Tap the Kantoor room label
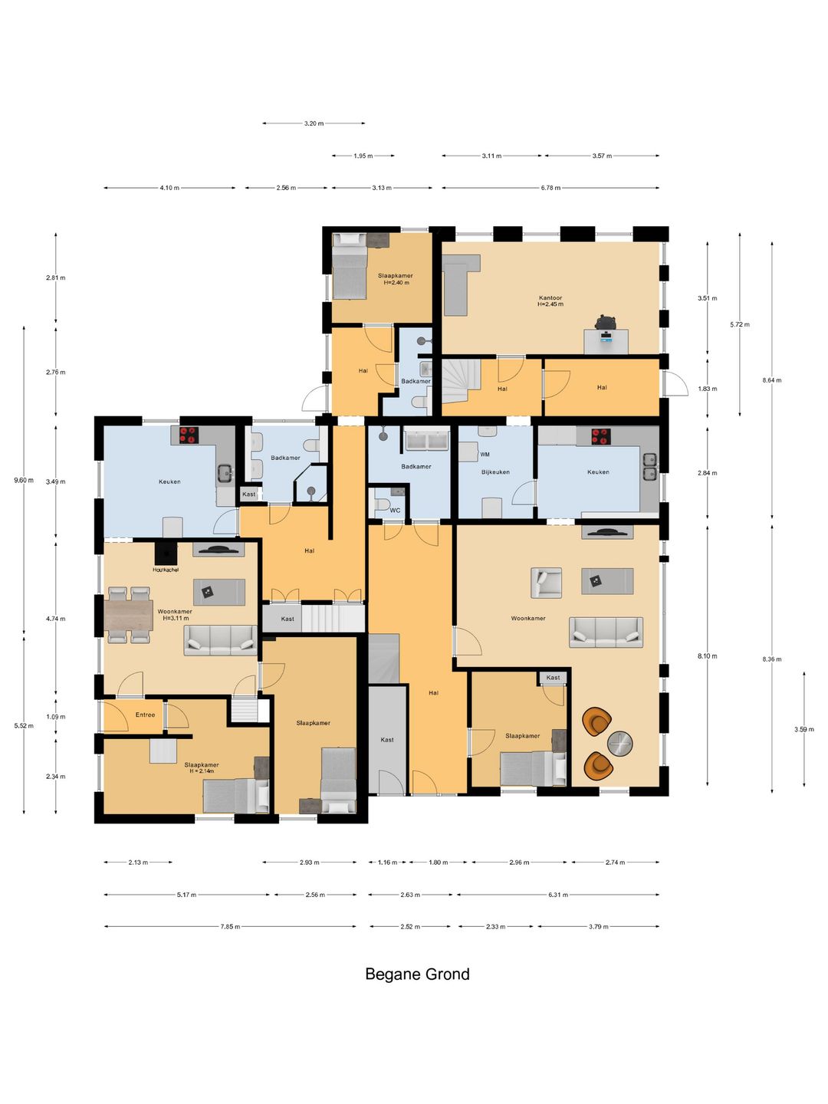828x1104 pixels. click(550, 297)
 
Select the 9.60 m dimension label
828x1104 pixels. click(24, 480)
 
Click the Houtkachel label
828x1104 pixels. click(166, 570)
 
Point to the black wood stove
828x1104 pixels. click(166, 554)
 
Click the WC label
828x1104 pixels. click(395, 511)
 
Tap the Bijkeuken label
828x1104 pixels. click(495, 472)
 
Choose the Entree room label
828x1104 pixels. click(146, 715)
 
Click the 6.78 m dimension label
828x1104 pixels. click(550, 188)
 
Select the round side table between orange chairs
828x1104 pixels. click(620, 743)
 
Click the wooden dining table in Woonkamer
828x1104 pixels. click(129, 615)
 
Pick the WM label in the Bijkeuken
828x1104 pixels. click(485, 454)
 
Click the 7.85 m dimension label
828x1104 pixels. click(230, 926)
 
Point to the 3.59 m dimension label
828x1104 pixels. click(804, 729)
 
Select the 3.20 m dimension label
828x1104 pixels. click(314, 123)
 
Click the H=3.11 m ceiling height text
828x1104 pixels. click(176, 618)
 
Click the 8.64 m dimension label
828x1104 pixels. click(772, 380)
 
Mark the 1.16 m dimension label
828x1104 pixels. click(388, 862)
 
